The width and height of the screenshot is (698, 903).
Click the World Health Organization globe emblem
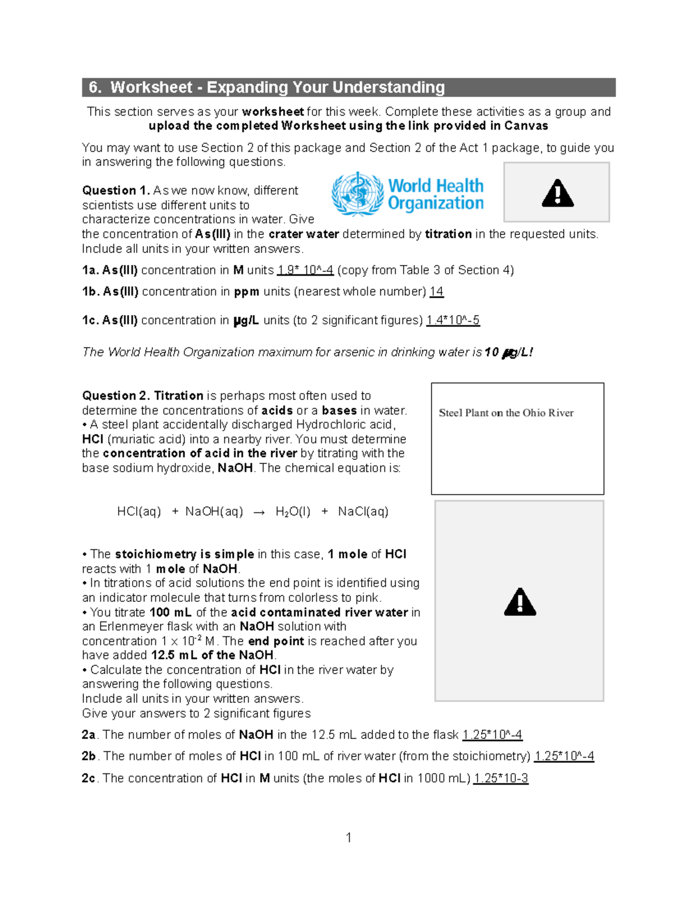(x=357, y=194)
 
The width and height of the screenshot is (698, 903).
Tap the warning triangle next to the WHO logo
(x=557, y=194)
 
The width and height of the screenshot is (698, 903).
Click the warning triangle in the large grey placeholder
(x=519, y=602)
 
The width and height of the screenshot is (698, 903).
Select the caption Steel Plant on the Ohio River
(x=505, y=413)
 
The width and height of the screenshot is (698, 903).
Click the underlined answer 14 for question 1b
(x=436, y=292)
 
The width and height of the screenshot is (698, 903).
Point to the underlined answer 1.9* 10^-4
(x=305, y=270)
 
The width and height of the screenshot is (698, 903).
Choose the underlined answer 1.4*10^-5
(x=453, y=320)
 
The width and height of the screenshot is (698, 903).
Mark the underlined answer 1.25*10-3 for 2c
(x=500, y=779)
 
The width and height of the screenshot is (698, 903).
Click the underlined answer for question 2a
(x=492, y=735)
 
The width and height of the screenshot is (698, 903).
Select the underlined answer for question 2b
(x=564, y=756)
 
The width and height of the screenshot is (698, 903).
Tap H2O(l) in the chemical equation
(x=293, y=512)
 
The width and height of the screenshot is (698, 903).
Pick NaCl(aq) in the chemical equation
(x=363, y=512)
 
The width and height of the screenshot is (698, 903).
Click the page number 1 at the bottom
(x=348, y=838)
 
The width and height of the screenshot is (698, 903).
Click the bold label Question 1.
(x=116, y=191)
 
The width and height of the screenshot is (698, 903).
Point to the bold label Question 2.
(x=116, y=396)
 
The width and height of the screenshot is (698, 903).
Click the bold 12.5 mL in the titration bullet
(x=174, y=655)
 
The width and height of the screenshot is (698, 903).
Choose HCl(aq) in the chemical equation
(x=139, y=512)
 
